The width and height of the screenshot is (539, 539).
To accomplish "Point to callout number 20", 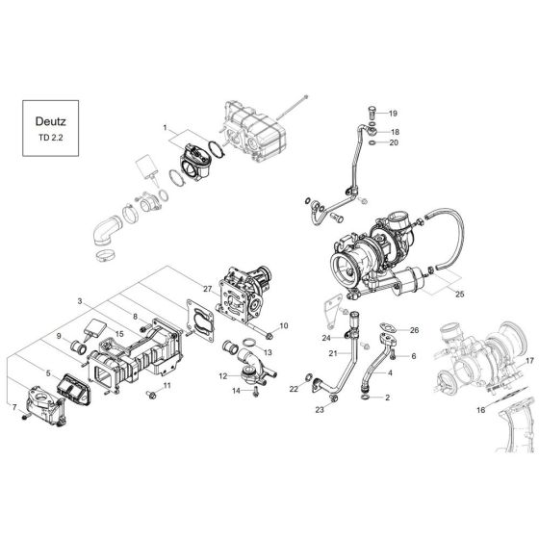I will tap(394, 143).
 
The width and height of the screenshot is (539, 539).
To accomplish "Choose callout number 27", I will tap(207, 288).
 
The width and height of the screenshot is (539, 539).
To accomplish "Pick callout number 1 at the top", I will tap(165, 127).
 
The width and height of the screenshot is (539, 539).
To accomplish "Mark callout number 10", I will tap(283, 327).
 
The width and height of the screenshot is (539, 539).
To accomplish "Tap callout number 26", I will tap(415, 330).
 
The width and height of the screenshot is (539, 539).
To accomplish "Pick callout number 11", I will tap(166, 387).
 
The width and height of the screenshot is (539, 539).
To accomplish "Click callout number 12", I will tap(222, 375).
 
